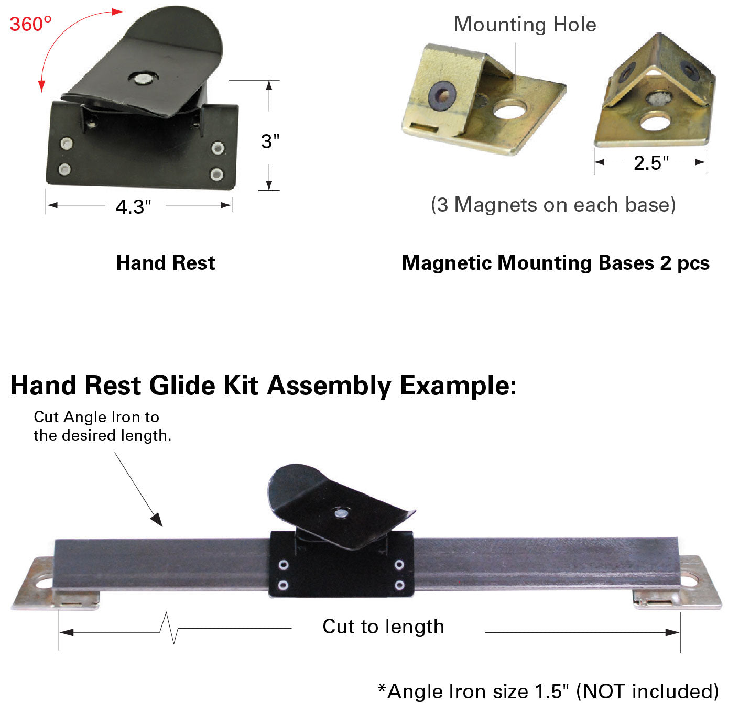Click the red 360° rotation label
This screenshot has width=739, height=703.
30,24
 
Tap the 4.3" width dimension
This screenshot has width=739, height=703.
133,207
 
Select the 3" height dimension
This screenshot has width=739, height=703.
270,141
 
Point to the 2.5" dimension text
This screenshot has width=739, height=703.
651,163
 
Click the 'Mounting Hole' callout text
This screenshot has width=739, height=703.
525,25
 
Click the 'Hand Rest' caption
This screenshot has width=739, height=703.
166,262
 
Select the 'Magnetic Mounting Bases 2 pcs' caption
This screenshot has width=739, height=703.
555,262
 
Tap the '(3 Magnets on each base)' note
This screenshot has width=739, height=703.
553,205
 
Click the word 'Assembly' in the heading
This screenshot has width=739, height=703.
329,386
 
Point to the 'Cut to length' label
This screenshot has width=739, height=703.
383,627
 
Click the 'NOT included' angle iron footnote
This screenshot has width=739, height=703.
548,691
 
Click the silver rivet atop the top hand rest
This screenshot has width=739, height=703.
142,79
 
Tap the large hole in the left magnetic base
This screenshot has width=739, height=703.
509,110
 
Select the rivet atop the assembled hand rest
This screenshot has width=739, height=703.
341,514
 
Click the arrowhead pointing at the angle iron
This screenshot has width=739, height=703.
157,519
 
